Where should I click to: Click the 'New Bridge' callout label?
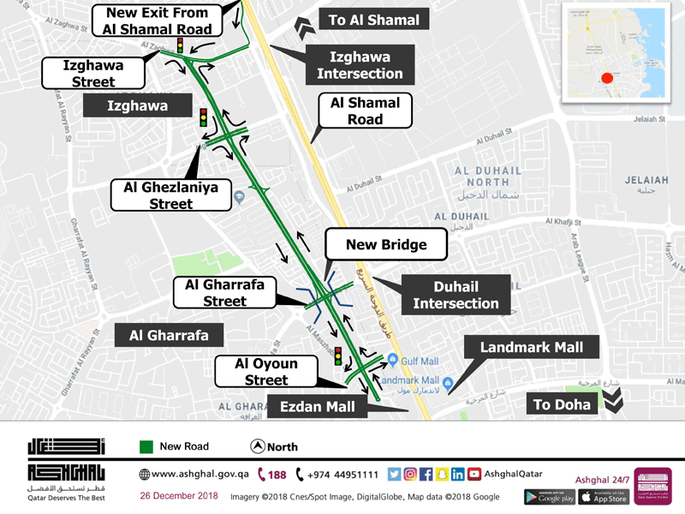click(x=386, y=245)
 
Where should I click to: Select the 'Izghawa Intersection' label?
click(x=360, y=65)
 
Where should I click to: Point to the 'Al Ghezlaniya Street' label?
click(x=171, y=195)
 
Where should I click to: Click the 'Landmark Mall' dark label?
click(x=532, y=347)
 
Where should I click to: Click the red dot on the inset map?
click(x=607, y=79)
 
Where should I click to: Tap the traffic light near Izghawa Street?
click(x=180, y=45)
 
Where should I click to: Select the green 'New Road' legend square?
click(x=146, y=446)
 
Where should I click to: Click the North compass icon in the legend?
click(x=257, y=446)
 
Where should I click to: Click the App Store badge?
click(x=604, y=496)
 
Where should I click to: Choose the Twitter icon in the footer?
click(x=394, y=475)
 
